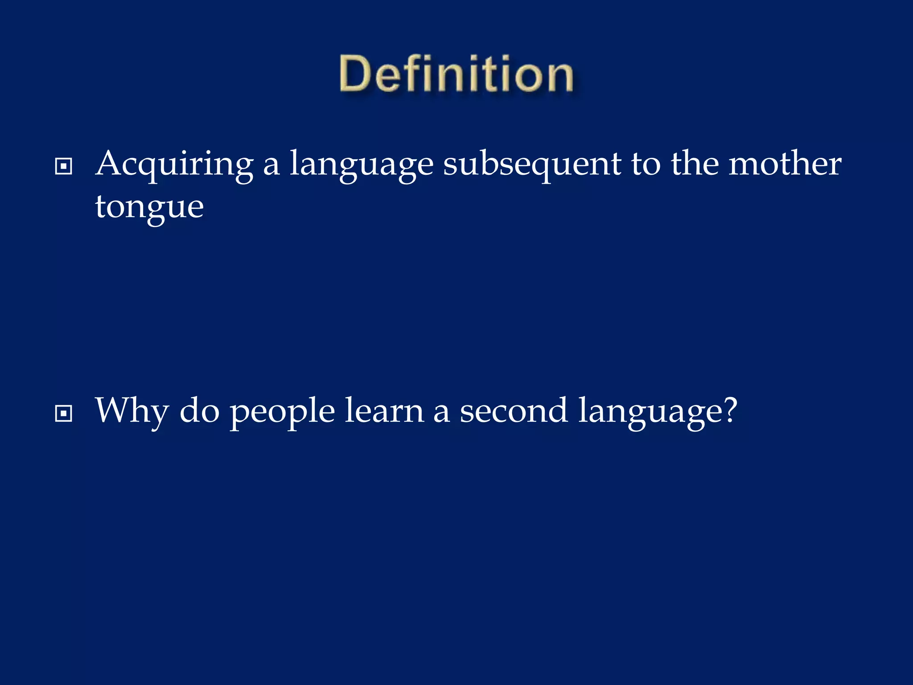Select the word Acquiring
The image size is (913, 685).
(174, 164)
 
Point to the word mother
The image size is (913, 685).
(785, 164)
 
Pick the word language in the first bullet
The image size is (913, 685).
(362, 164)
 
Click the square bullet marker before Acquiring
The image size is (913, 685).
(63, 167)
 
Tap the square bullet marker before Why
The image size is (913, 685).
(63, 413)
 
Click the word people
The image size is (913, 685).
(282, 411)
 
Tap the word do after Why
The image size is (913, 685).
(199, 411)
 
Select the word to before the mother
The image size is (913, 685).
(645, 164)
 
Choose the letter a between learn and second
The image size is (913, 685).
(441, 413)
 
